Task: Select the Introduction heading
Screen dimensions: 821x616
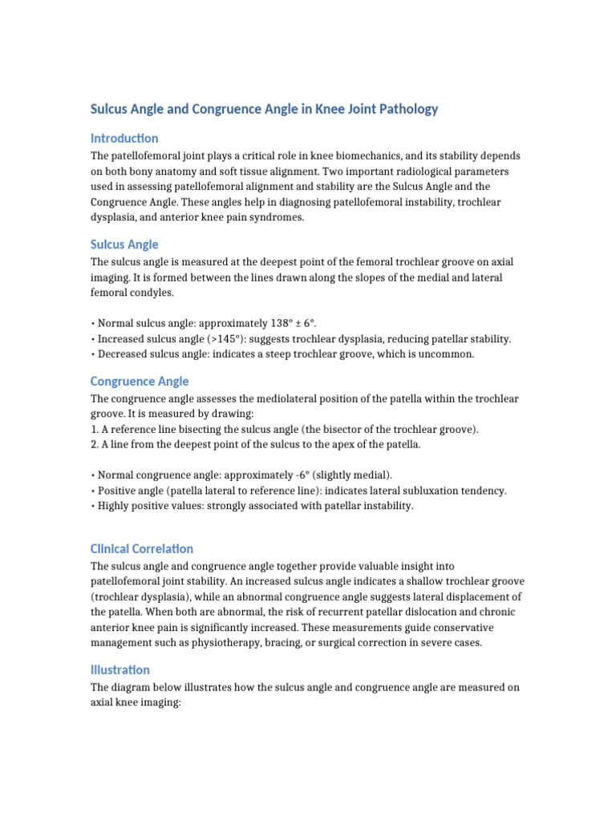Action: pos(124,138)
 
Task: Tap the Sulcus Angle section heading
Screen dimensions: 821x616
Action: pos(124,245)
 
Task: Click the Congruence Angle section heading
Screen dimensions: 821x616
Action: pos(140,382)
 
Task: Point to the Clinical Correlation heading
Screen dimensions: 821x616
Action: pos(142,549)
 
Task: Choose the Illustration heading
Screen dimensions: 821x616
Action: pos(120,670)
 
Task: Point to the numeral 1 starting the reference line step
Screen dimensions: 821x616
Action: pos(93,430)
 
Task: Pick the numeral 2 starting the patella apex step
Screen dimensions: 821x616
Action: pos(93,445)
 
